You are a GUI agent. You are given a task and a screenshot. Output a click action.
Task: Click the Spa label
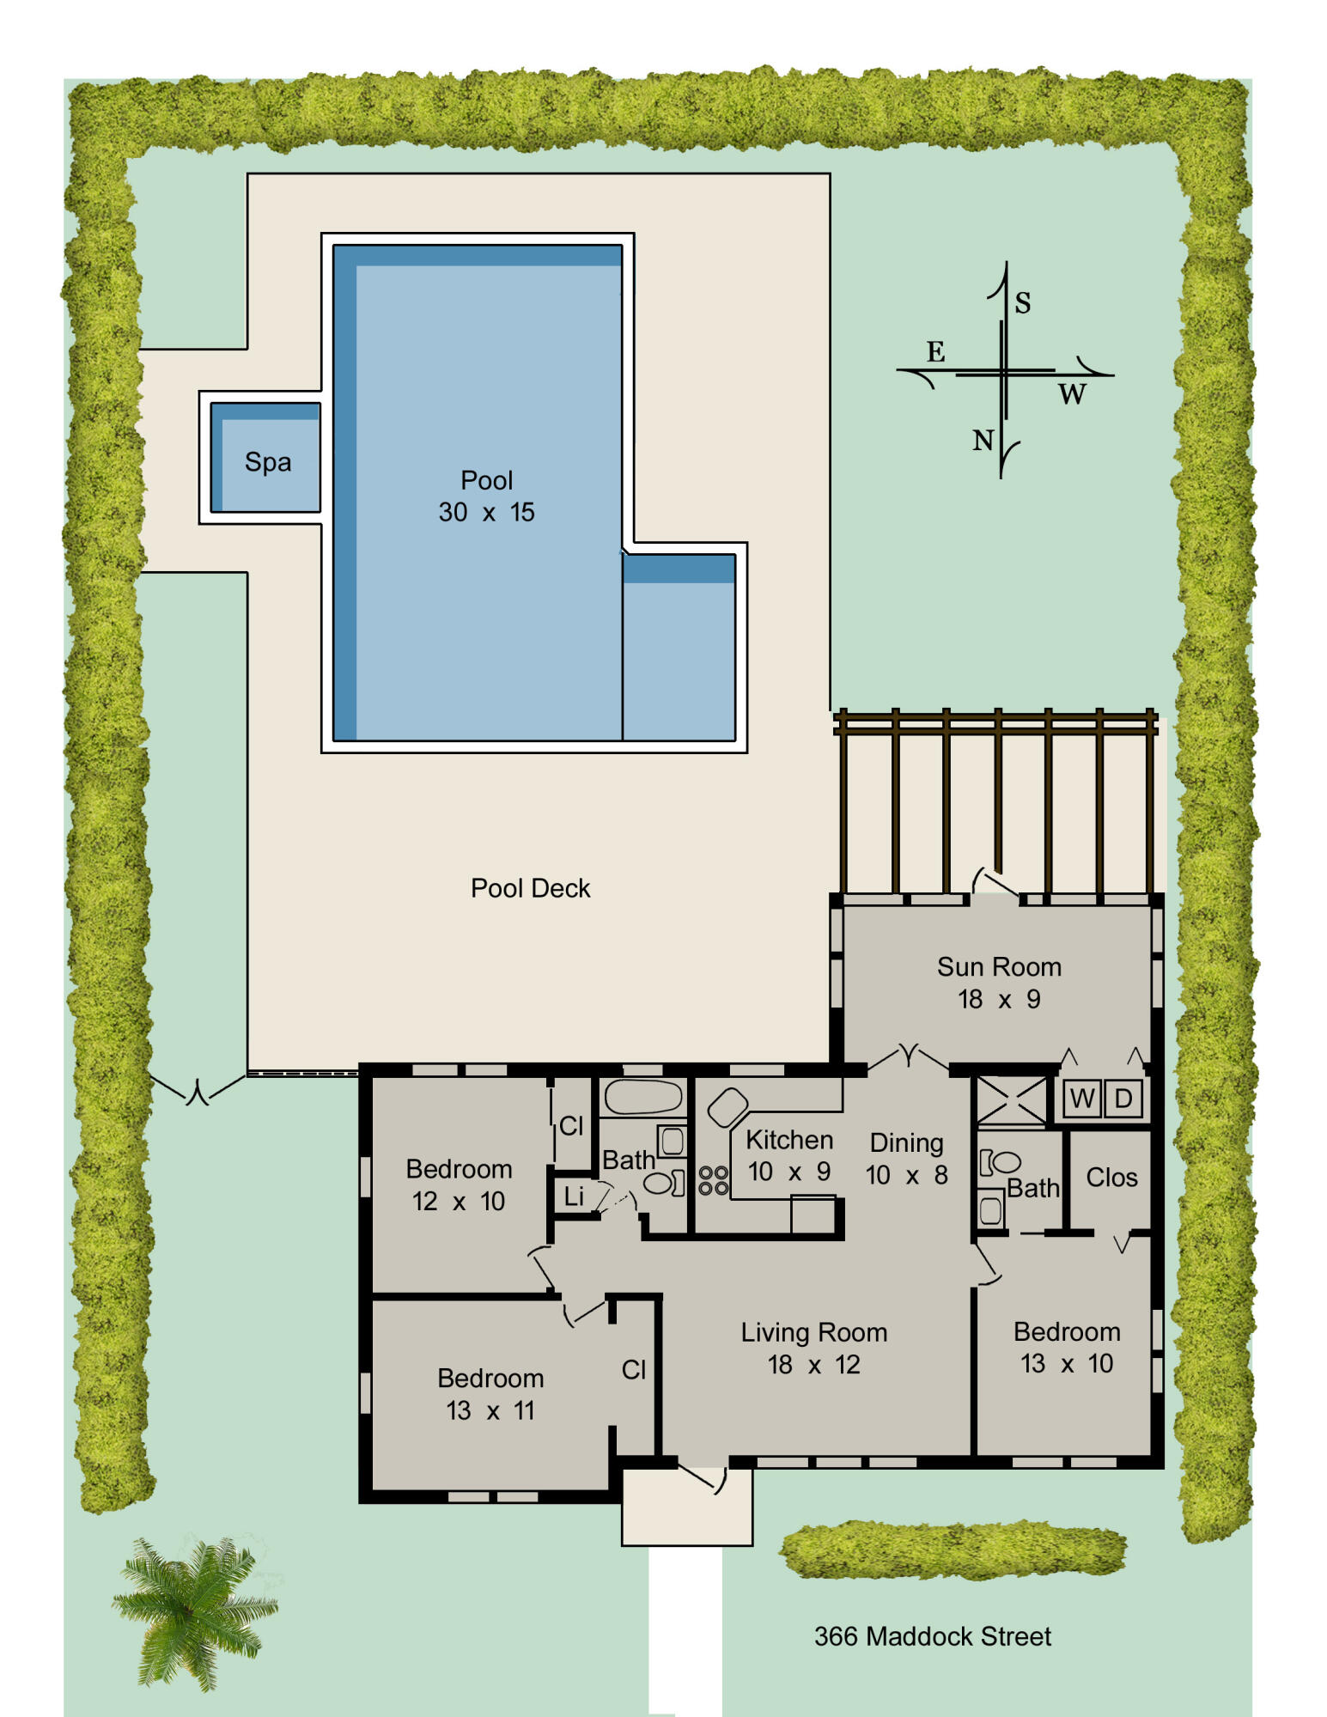(x=268, y=462)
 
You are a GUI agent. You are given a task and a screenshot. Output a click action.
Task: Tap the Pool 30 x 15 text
(x=486, y=496)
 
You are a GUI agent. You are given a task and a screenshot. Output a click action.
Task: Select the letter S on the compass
(x=1022, y=303)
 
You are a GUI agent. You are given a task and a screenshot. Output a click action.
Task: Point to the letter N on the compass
(x=983, y=441)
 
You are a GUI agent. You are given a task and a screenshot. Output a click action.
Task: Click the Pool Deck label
(x=530, y=888)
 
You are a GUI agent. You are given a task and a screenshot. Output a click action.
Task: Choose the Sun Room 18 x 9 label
(x=999, y=983)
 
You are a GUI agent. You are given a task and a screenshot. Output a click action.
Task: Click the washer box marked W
(x=1082, y=1099)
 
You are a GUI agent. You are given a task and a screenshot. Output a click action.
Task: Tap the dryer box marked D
(x=1123, y=1099)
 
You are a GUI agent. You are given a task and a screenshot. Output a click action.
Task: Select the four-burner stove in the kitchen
(x=713, y=1180)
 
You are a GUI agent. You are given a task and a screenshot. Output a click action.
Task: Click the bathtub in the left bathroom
(x=642, y=1097)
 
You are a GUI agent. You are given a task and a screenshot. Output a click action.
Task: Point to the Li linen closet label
(x=574, y=1196)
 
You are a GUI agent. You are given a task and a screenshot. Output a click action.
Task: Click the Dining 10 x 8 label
(x=906, y=1159)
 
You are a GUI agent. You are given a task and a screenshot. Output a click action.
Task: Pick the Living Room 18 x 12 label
(x=813, y=1348)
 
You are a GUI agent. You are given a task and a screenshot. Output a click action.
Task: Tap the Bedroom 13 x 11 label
(x=490, y=1393)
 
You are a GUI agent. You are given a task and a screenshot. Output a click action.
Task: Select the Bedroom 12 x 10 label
(x=459, y=1184)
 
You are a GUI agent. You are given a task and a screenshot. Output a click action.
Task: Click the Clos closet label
(x=1111, y=1178)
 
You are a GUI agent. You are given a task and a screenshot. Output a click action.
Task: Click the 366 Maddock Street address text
(x=932, y=1636)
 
